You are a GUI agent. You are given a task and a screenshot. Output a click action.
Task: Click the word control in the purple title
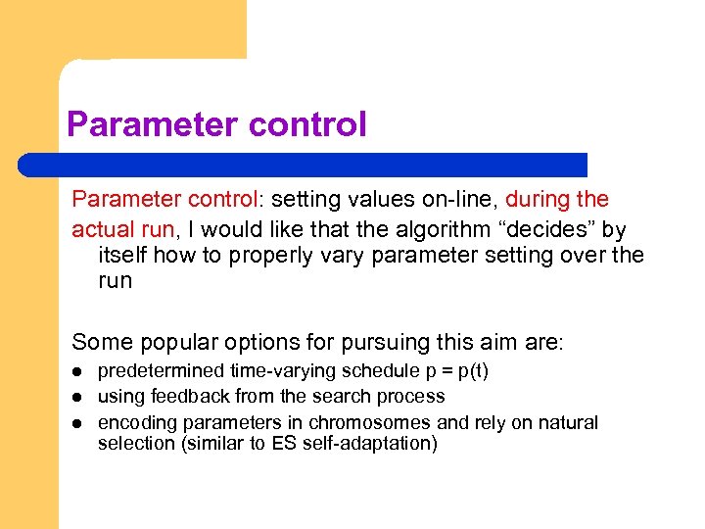click(x=307, y=125)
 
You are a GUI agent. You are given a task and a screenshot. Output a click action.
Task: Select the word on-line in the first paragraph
click(x=459, y=200)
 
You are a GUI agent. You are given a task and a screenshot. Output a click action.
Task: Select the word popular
click(x=175, y=342)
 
